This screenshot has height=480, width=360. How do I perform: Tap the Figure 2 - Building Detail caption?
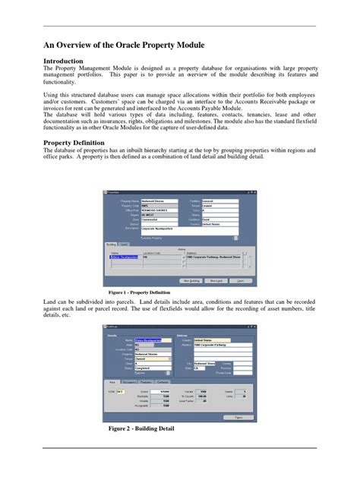click(x=141, y=429)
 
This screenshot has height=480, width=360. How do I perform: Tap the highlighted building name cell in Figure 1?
click(x=123, y=257)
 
